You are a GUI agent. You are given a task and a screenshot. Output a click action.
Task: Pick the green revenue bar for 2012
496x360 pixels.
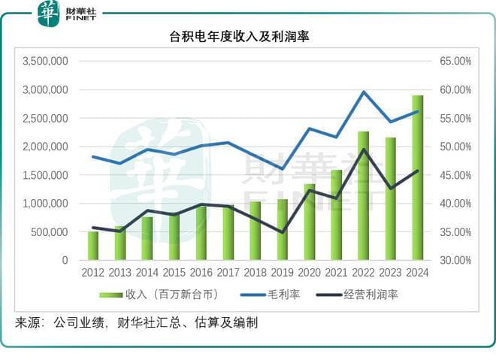pos(93,246)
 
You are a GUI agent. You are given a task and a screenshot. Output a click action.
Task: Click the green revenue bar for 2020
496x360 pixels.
pos(310,222)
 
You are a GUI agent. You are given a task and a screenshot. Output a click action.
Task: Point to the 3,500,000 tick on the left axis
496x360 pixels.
pos(46,61)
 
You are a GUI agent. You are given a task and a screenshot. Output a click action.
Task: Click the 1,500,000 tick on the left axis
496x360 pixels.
pos(46,175)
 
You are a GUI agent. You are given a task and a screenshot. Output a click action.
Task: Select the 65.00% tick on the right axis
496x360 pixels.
pos(454,61)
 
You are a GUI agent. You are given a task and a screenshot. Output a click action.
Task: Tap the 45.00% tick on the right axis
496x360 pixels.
pos(454,175)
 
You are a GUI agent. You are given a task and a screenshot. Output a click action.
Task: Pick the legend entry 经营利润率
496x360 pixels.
pos(369,295)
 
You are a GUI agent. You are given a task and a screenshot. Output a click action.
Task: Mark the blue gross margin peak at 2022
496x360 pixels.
pos(364,92)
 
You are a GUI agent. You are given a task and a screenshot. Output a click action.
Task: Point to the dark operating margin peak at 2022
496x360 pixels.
pos(364,149)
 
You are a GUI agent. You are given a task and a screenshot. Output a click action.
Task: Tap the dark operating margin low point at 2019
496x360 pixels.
pos(283,232)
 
